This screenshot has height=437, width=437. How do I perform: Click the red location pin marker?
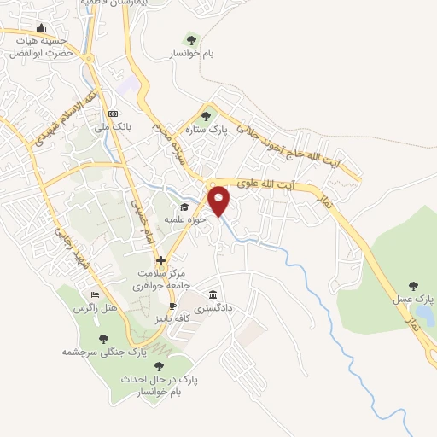tap(219, 201)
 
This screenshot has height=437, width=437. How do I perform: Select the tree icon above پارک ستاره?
tap(205, 117)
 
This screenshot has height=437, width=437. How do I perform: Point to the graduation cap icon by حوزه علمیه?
tap(182, 207)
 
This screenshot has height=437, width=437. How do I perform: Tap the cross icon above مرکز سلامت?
tap(160, 260)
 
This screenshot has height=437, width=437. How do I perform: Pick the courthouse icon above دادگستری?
tap(212, 293)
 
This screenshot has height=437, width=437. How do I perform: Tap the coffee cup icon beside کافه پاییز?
tap(172, 306)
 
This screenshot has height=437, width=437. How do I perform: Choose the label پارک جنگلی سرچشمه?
tap(105, 351)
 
